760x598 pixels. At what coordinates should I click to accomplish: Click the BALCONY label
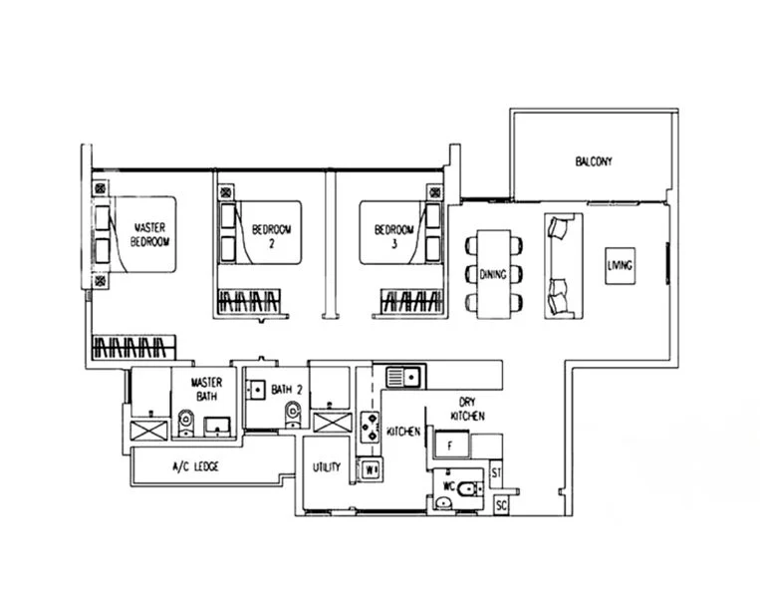click(593, 161)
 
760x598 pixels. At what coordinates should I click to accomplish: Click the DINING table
click(493, 273)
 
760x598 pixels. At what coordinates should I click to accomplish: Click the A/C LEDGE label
click(195, 466)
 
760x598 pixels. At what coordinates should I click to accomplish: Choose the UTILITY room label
click(327, 466)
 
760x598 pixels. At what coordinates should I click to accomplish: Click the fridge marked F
click(449, 443)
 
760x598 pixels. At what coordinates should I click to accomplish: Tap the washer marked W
click(371, 467)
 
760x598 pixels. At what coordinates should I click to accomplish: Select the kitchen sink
click(404, 377)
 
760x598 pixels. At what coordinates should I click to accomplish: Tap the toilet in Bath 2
click(292, 414)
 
